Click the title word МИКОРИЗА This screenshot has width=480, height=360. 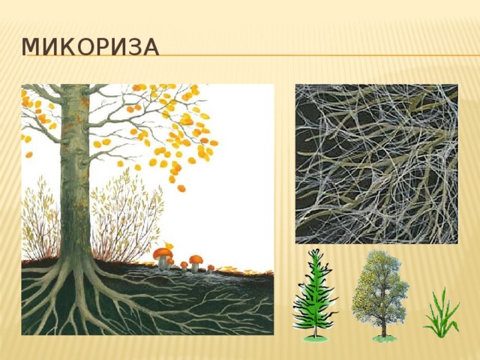point(89,47)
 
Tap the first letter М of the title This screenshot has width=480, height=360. point(31,47)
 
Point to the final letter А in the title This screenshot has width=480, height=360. point(148,47)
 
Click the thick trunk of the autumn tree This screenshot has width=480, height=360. point(75,187)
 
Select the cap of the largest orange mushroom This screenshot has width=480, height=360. point(162,253)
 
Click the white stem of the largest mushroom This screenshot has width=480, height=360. point(163,263)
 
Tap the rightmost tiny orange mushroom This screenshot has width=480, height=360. point(211,267)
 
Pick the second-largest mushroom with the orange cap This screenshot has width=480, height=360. point(195,259)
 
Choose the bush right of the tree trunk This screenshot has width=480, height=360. point(124,217)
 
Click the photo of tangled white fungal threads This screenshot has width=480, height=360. point(376,163)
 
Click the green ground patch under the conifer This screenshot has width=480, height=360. point(315,337)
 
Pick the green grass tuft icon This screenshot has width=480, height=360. point(442,313)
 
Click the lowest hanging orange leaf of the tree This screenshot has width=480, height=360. point(181,188)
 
